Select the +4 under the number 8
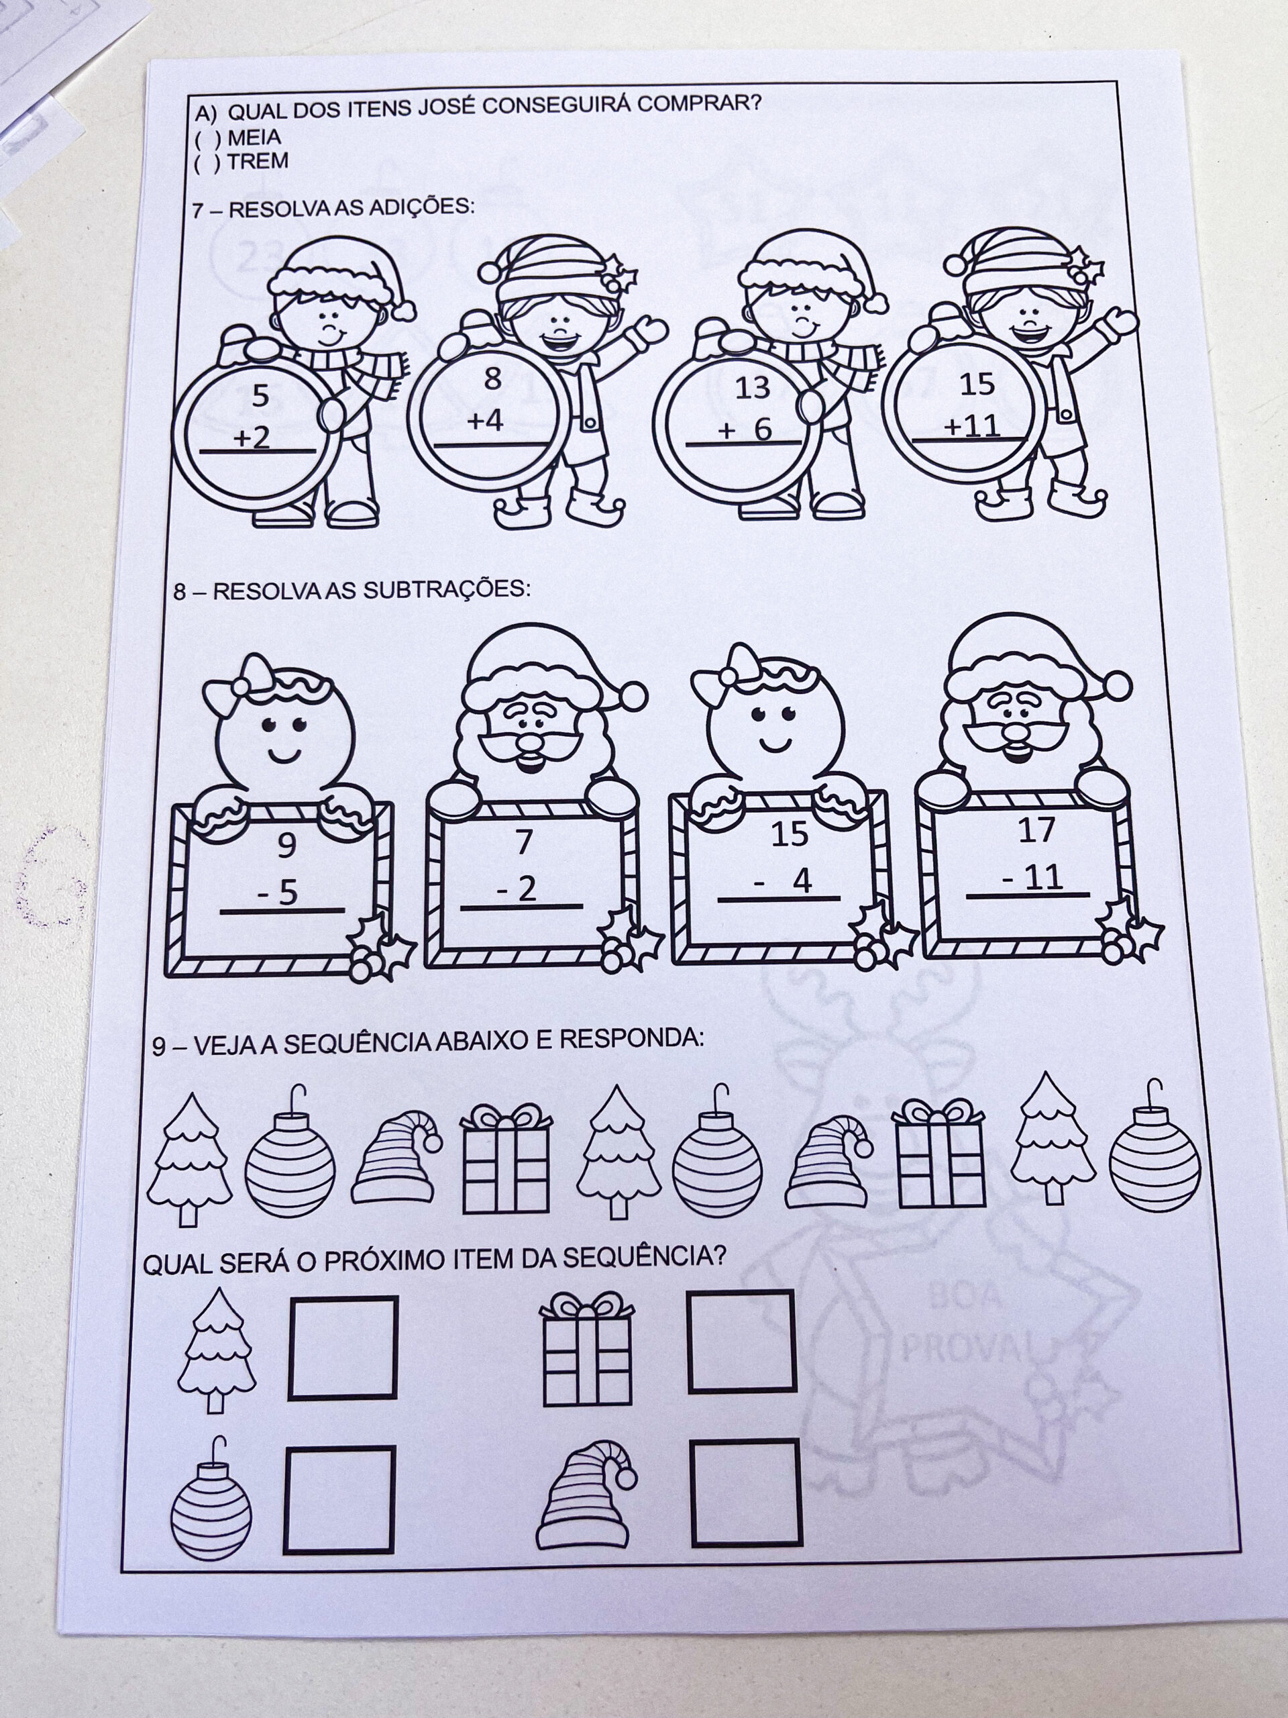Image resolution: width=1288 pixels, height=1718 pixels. click(x=485, y=421)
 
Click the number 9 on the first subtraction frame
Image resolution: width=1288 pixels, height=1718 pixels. click(x=287, y=846)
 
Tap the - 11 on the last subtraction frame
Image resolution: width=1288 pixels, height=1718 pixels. click(x=1032, y=878)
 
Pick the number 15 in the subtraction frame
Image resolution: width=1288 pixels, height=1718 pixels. click(x=790, y=835)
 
